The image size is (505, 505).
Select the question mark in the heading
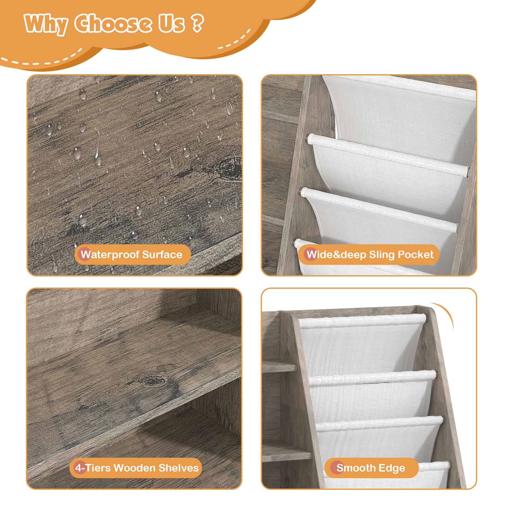(197, 23)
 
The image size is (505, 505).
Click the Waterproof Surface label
(132, 254)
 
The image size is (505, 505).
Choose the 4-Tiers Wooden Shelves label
(135, 468)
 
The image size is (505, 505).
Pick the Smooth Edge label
(371, 468)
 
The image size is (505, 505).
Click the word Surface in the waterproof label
(162, 254)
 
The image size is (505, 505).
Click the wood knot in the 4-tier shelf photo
(154, 381)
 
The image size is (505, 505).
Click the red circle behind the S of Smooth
(337, 468)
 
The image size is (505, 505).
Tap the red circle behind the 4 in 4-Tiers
(80, 468)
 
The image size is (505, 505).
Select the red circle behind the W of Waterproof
(85, 254)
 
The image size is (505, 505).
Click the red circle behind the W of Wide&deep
(311, 254)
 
